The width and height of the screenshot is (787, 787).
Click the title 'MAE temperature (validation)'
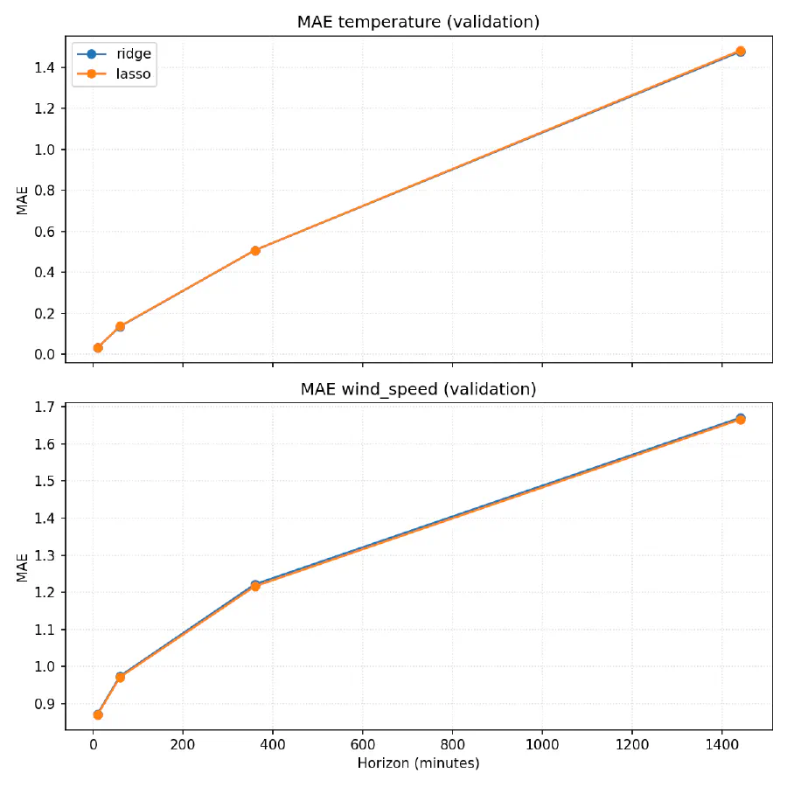(x=418, y=22)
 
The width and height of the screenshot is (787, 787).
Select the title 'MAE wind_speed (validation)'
(x=418, y=389)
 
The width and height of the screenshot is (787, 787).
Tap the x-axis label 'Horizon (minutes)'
(x=418, y=763)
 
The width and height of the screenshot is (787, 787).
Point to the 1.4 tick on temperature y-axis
(x=45, y=67)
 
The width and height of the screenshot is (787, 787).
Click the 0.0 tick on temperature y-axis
(x=45, y=354)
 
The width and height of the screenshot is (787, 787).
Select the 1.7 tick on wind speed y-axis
(x=45, y=407)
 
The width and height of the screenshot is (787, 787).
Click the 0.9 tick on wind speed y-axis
(x=45, y=704)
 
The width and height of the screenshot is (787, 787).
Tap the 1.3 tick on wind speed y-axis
(x=45, y=555)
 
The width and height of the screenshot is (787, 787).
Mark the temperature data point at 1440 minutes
(x=740, y=52)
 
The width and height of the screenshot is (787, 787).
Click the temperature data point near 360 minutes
(x=255, y=250)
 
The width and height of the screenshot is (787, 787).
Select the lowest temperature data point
(x=98, y=348)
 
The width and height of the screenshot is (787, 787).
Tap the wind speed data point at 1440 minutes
(x=740, y=419)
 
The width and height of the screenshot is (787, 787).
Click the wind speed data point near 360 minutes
(x=255, y=585)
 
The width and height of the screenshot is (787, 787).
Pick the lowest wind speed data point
(x=98, y=714)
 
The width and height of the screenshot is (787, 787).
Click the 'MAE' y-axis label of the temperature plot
(x=22, y=199)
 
